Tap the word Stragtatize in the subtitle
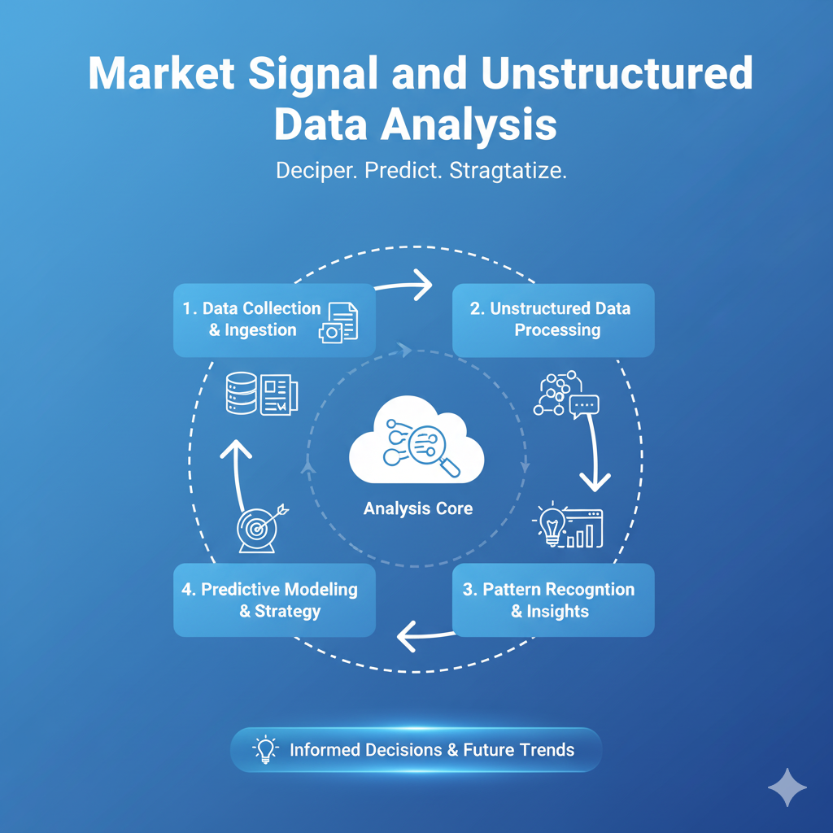[508, 172]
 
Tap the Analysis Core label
[417, 508]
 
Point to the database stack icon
[240, 394]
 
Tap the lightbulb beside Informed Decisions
[265, 749]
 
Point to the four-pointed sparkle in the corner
[787, 787]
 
